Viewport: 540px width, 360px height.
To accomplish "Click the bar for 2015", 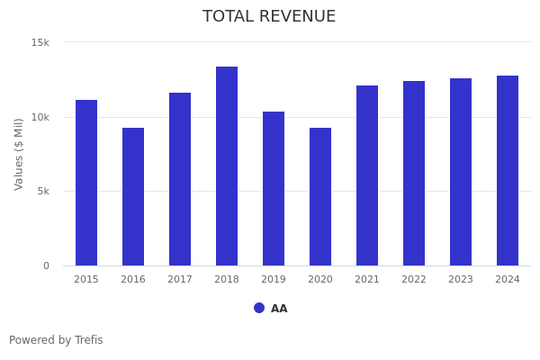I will (x=86, y=183).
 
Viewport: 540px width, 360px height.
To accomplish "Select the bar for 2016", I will (x=133, y=196).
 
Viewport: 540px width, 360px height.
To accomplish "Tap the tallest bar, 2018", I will (x=227, y=166).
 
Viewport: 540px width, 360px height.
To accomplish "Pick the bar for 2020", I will (x=320, y=196).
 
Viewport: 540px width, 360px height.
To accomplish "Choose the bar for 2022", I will (x=414, y=173).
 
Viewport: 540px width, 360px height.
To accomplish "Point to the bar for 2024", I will (x=508, y=170).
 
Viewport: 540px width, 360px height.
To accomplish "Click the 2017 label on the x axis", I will (x=180, y=280).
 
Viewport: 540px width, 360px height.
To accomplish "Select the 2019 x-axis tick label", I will (x=274, y=280).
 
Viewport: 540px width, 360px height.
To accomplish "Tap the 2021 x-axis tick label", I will (x=367, y=280).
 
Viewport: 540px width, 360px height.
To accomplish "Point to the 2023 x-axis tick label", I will (x=461, y=280).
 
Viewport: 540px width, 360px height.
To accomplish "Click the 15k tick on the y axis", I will (x=40, y=42).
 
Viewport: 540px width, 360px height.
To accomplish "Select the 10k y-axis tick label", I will (x=40, y=117).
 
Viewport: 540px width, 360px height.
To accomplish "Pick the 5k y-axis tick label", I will (x=42, y=192).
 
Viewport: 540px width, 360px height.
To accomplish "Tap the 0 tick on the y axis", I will (x=47, y=265).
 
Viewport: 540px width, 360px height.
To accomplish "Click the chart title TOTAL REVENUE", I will (x=269, y=17).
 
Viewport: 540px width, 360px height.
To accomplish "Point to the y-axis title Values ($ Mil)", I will (x=19, y=153).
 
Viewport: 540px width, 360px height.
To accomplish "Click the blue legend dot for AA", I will (x=259, y=308).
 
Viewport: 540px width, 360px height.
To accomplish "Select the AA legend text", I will (x=279, y=309).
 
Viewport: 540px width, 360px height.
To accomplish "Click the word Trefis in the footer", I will (x=88, y=340).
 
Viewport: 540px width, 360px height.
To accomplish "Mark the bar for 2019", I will (x=274, y=188).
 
